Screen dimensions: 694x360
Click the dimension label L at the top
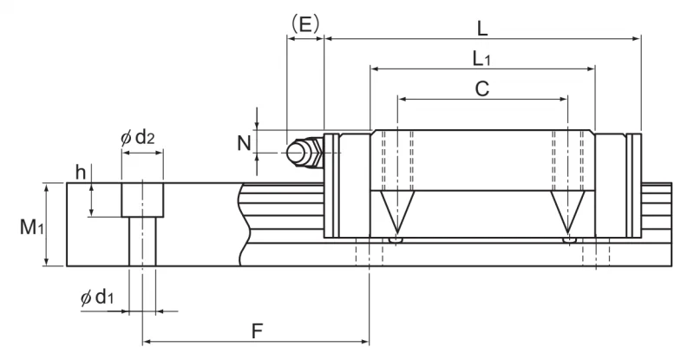[482, 29]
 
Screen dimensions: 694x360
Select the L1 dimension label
[481, 58]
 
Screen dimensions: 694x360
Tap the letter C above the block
[482, 88]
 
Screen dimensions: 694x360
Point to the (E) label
[305, 24]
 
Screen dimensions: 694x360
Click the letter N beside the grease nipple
[244, 143]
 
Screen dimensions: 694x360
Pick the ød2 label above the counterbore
[138, 138]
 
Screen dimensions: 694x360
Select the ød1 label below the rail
[97, 298]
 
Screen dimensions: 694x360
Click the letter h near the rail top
[80, 173]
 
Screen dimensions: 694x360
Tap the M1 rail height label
[31, 227]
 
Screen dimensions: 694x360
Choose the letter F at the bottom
[257, 331]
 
